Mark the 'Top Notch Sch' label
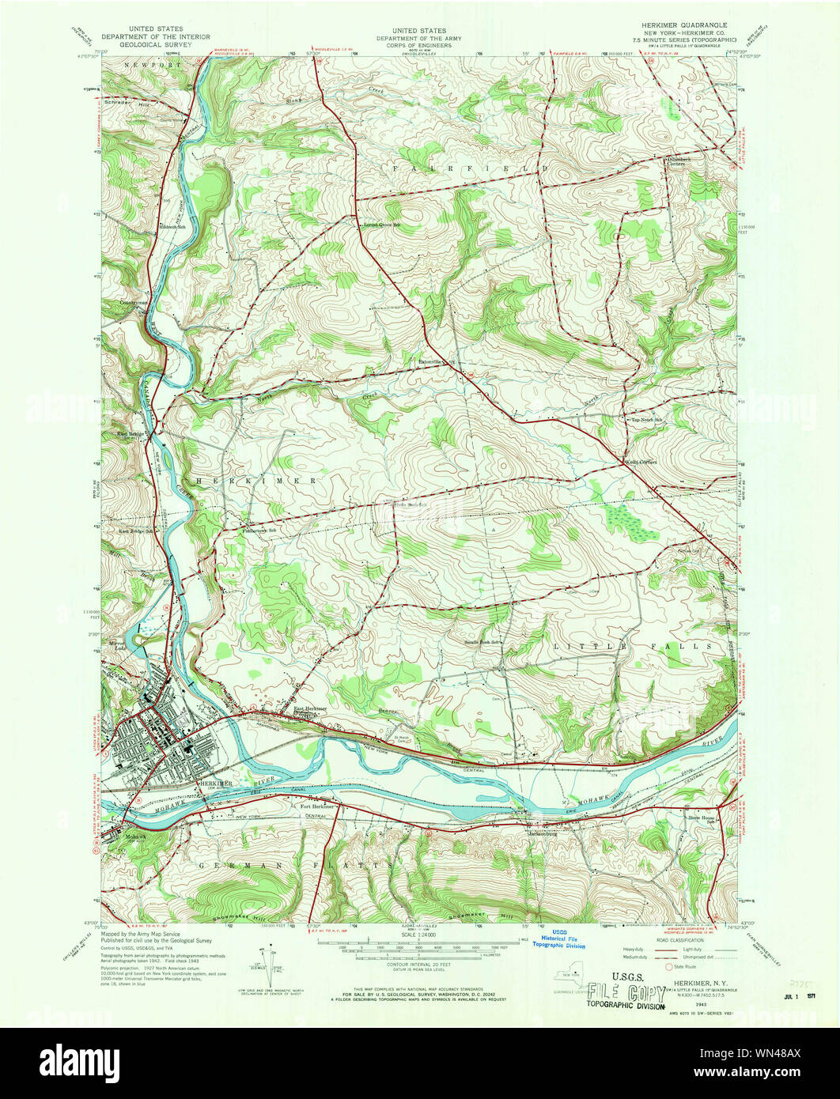pos(645,420)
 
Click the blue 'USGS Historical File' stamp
pos(558,938)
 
